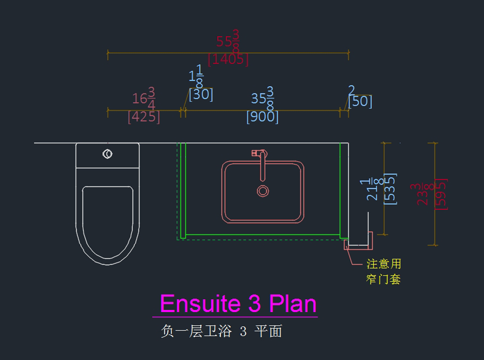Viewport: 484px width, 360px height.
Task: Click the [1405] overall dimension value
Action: tap(228, 60)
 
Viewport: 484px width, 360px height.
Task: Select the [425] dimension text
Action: tap(144, 117)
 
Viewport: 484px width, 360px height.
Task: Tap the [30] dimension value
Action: tap(201, 94)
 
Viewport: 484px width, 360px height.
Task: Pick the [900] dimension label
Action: tap(262, 117)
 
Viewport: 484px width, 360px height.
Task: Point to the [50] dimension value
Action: tap(360, 101)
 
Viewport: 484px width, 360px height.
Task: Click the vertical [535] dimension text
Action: tap(390, 188)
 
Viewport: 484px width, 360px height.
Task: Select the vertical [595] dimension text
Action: tap(441, 193)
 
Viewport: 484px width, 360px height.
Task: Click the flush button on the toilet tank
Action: tap(107, 154)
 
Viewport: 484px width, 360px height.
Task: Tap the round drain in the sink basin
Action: tap(263, 191)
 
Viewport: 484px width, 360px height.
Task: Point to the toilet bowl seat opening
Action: tap(107, 220)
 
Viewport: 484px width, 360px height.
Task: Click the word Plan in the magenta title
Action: tap(292, 303)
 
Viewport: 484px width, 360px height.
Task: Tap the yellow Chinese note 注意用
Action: tap(384, 264)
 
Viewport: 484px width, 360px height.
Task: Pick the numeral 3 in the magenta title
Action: tap(255, 303)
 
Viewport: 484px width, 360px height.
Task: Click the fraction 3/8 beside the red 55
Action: tap(236, 41)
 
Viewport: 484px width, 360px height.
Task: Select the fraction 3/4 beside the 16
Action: tap(151, 98)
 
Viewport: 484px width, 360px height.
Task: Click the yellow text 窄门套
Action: tap(384, 279)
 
